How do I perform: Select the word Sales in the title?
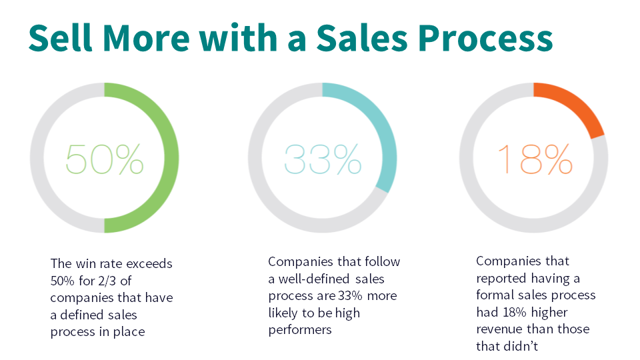[x=361, y=37]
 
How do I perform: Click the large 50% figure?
[x=105, y=159]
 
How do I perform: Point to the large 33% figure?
[x=323, y=159]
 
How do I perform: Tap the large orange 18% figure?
[x=535, y=159]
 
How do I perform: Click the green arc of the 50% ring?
[x=171, y=157]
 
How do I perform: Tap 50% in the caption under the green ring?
[x=63, y=281]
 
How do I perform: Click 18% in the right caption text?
[x=514, y=312]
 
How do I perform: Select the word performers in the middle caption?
[x=300, y=330]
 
